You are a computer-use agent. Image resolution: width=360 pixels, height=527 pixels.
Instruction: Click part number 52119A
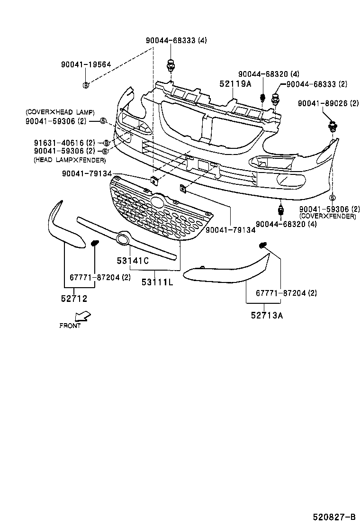[235, 84]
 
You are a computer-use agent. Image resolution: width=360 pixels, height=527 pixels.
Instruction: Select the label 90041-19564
[86, 65]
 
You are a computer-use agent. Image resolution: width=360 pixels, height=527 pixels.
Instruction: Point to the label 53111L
[157, 282]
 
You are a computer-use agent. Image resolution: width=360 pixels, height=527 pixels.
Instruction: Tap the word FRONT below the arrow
[70, 326]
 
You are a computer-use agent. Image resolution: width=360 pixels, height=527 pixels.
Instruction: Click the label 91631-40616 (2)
[64, 143]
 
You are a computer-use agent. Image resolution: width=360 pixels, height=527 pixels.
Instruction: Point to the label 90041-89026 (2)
[328, 103]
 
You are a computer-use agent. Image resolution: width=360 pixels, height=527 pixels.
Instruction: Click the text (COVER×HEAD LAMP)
[60, 112]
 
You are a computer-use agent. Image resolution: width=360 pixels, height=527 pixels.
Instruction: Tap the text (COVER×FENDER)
[327, 216]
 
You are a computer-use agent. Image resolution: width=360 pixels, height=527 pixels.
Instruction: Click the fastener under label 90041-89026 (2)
[333, 127]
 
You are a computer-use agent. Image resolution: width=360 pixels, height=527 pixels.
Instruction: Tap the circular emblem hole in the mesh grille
[157, 202]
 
